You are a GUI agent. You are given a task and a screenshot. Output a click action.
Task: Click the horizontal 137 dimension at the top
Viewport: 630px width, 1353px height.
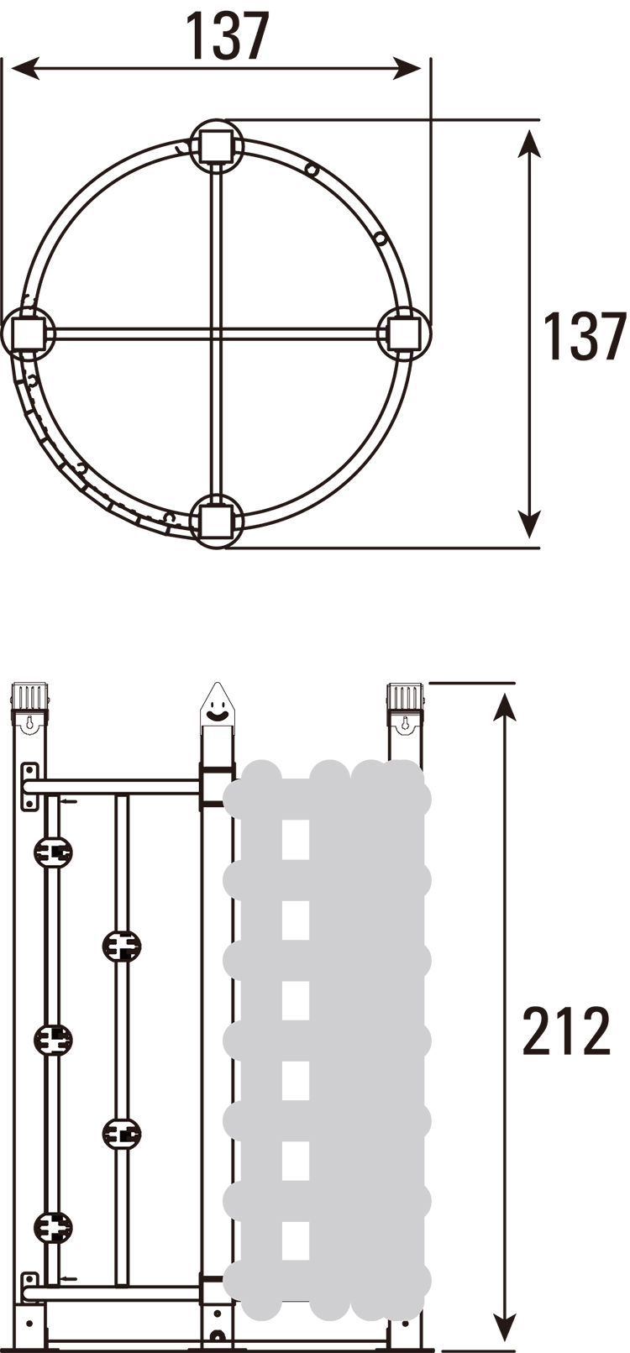click(227, 35)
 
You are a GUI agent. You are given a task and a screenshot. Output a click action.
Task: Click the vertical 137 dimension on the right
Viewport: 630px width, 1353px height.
click(585, 336)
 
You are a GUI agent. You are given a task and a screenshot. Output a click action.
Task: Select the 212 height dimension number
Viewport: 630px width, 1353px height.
click(566, 1030)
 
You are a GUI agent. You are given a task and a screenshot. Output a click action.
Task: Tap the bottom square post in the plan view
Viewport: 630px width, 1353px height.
click(216, 522)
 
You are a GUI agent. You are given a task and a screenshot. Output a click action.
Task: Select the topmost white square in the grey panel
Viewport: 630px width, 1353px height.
click(296, 839)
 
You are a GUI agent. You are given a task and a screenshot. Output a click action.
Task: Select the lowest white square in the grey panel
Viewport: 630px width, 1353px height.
click(296, 1240)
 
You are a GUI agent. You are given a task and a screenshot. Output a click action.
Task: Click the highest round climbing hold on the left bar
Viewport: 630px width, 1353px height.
click(53, 852)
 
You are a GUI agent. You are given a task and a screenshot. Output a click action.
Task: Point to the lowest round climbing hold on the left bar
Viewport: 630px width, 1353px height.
click(53, 1227)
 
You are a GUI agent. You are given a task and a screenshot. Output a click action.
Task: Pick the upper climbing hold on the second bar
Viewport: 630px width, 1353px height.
click(122, 946)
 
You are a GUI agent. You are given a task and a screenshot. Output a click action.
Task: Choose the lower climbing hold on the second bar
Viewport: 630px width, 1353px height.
click(122, 1134)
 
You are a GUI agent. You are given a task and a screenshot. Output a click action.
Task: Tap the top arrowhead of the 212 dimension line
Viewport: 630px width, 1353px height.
click(504, 707)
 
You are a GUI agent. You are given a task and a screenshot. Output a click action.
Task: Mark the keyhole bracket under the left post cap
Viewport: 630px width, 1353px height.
click(29, 724)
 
